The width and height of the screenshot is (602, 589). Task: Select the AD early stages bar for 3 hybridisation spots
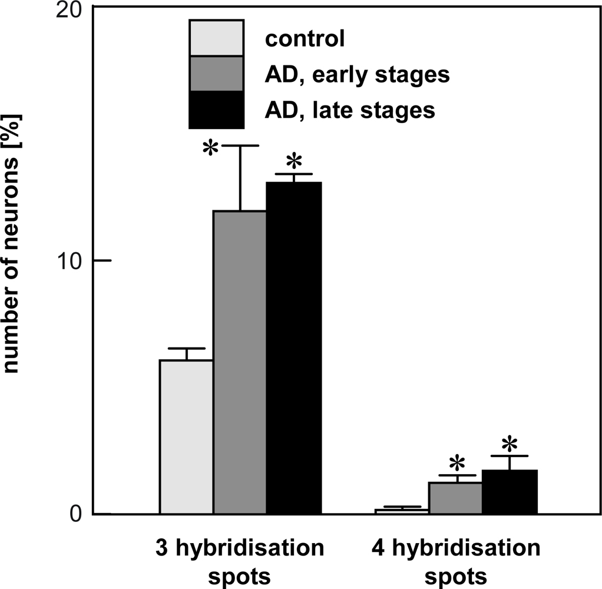(x=240, y=362)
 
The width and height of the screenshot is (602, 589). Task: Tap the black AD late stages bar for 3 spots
(x=294, y=348)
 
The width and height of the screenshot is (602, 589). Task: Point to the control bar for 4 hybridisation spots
(x=402, y=511)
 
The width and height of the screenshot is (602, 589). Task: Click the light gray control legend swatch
(x=216, y=38)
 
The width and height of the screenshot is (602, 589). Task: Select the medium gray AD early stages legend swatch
(x=216, y=74)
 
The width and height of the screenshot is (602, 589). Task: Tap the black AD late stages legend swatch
(x=216, y=110)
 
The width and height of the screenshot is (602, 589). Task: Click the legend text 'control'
(x=305, y=39)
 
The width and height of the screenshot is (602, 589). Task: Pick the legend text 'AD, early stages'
(x=358, y=75)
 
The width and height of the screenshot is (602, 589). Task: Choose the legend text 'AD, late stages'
(x=350, y=110)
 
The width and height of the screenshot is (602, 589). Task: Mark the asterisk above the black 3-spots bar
(x=293, y=161)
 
